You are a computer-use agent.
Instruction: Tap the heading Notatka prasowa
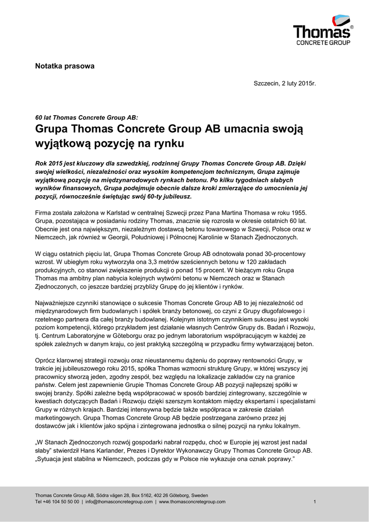pyautogui.click(x=64, y=66)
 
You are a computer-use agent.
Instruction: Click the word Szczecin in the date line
pyautogui.click(x=267, y=83)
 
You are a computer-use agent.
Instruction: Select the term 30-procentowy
pyautogui.click(x=280, y=253)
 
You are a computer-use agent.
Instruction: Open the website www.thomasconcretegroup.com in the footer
pyautogui.click(x=192, y=502)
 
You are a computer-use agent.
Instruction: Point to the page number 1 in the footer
pyautogui.click(x=315, y=502)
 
